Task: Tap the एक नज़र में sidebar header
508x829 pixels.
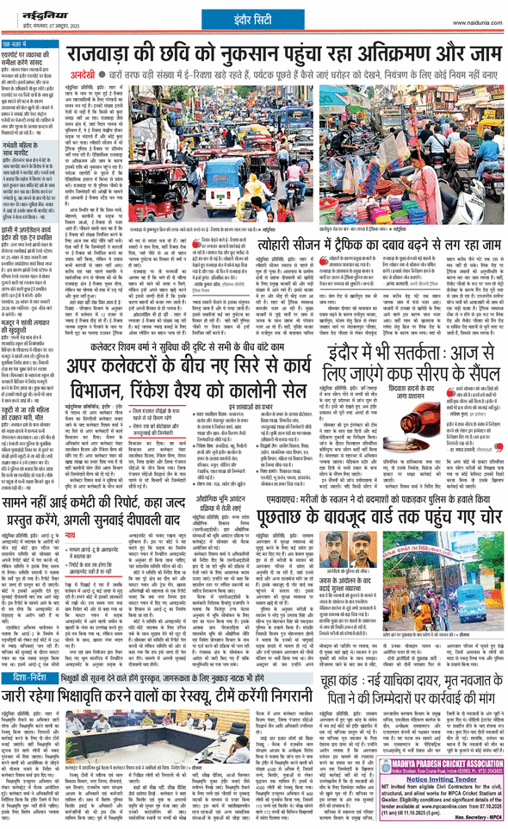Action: (x=21, y=42)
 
